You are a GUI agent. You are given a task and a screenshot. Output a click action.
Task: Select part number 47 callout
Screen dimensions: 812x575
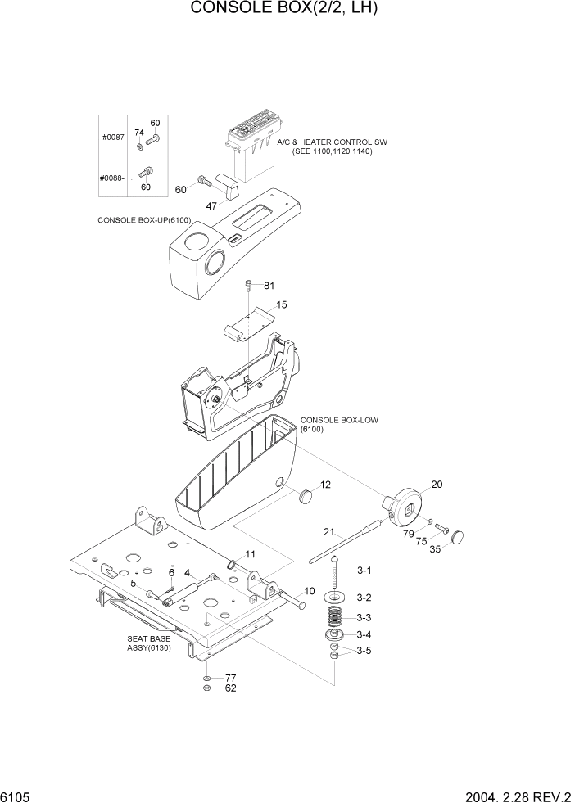click(x=211, y=206)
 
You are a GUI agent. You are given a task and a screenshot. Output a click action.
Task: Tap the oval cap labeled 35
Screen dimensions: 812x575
click(x=456, y=537)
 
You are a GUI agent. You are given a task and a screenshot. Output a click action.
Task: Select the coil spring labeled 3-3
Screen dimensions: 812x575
click(x=335, y=617)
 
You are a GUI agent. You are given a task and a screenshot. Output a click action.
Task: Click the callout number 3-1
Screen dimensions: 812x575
click(x=363, y=571)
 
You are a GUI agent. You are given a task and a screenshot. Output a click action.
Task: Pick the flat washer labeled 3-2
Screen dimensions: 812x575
click(x=336, y=598)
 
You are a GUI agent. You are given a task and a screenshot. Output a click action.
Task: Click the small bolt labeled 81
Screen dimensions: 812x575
click(x=247, y=286)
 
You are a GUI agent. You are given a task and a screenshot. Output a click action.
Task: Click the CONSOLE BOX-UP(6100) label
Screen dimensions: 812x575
click(x=143, y=220)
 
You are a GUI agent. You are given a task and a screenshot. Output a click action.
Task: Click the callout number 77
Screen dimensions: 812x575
click(x=231, y=678)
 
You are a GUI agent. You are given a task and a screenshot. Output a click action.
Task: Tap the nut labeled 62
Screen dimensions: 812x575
click(x=207, y=688)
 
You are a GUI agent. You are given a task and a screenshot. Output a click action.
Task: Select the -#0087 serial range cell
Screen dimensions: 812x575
click(x=111, y=137)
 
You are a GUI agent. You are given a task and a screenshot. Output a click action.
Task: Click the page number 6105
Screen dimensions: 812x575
click(x=18, y=797)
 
